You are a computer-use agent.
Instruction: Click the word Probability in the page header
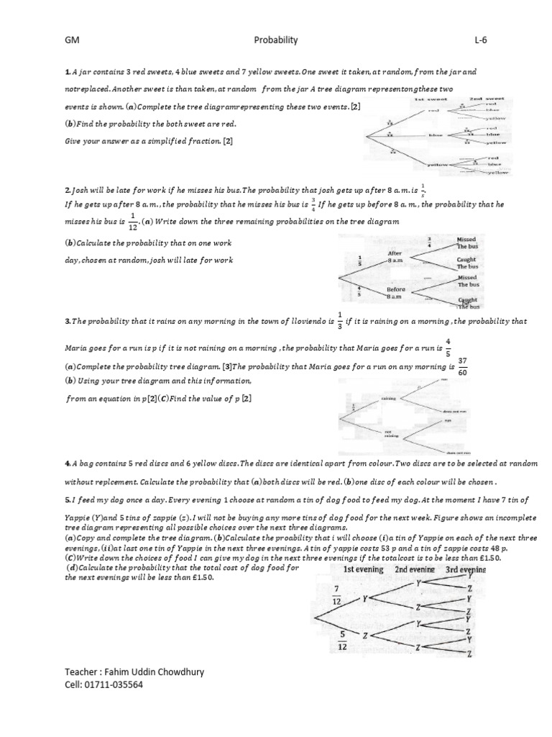(x=276, y=41)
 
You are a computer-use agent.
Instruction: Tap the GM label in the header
(x=71, y=41)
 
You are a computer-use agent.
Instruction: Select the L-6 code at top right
(x=480, y=41)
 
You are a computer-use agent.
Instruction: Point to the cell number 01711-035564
(x=103, y=685)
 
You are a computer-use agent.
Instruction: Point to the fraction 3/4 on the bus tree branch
(x=429, y=243)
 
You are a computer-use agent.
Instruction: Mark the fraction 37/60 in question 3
(x=462, y=366)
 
